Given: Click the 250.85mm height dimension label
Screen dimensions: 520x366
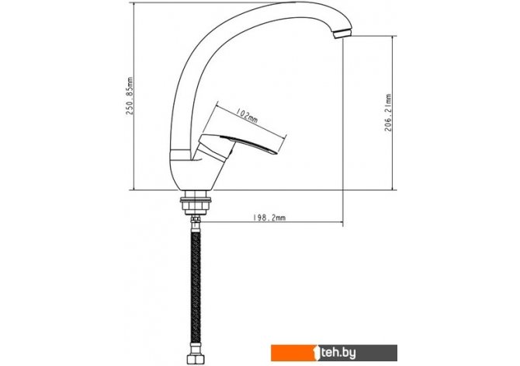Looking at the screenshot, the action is coord(130,96).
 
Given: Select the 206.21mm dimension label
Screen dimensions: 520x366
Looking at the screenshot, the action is coord(388,113).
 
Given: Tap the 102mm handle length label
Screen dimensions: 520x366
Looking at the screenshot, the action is coord(246,116).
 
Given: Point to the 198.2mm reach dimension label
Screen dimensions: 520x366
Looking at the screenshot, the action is coord(269,218).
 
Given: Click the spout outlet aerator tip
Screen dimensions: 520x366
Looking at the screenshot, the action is coord(342,33).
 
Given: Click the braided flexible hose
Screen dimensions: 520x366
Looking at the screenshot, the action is coord(196,288).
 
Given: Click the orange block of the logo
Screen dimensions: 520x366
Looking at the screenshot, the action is coord(294,353).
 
